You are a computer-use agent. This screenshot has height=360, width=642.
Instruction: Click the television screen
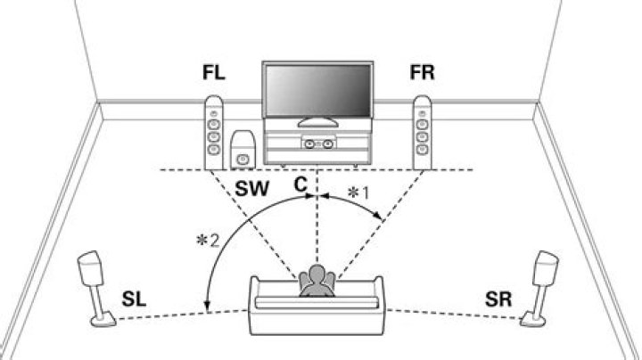315,90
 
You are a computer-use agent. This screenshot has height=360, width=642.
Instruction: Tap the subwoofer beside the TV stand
242,151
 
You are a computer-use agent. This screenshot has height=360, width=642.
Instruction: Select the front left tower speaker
213,134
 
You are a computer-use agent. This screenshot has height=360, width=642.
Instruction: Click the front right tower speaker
423,134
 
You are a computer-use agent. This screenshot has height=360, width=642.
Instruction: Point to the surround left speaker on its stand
93,272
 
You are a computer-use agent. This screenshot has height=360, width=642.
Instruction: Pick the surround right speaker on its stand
545,272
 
